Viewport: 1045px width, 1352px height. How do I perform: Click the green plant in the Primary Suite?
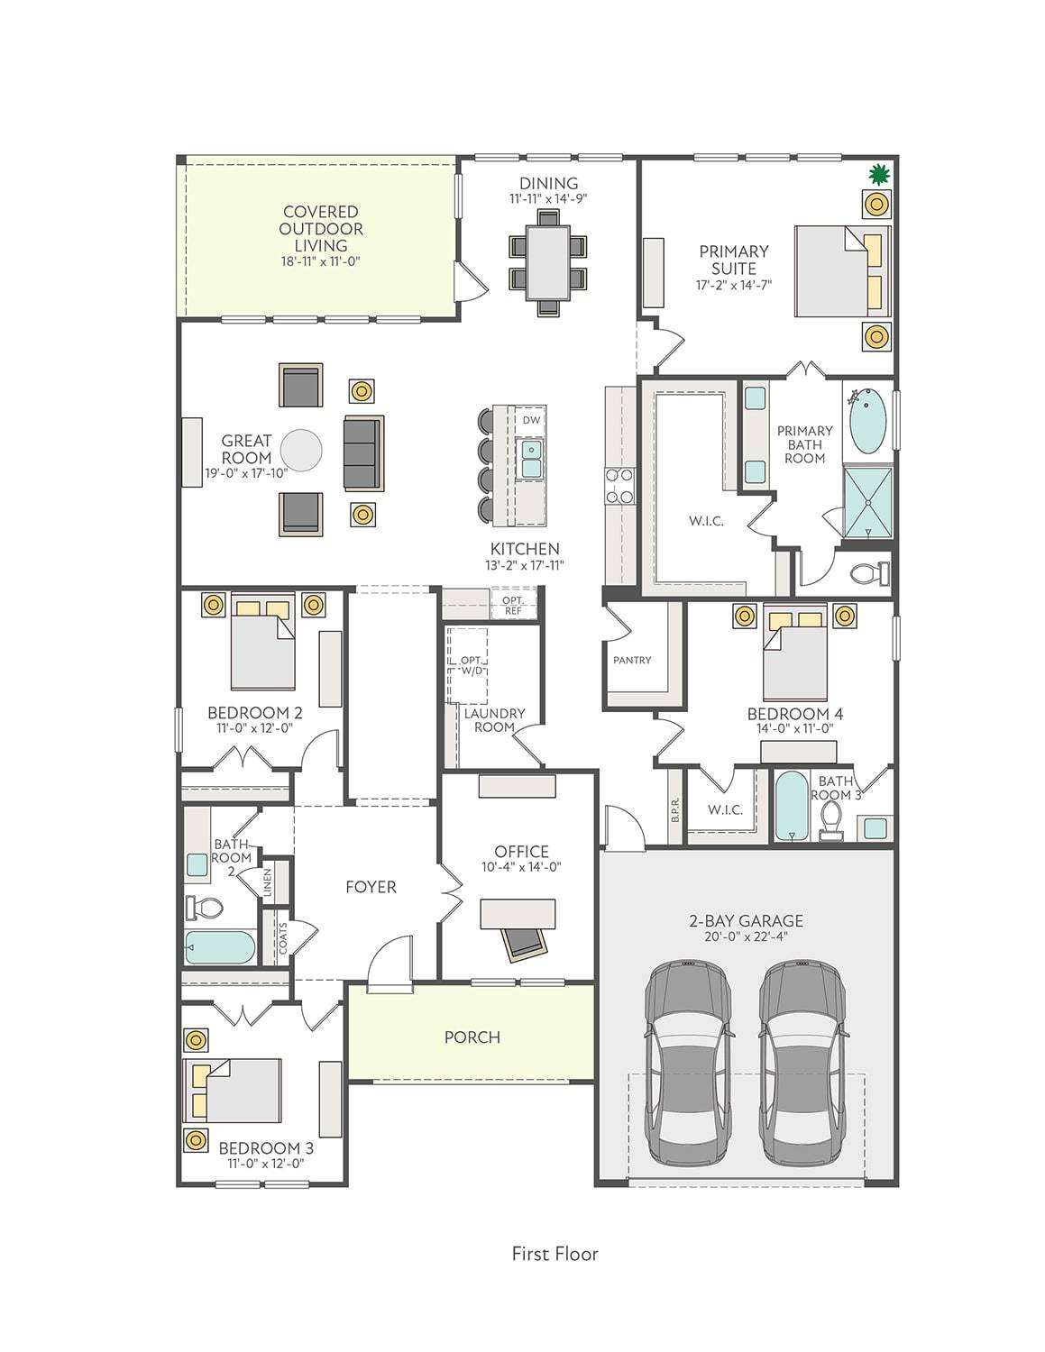(877, 175)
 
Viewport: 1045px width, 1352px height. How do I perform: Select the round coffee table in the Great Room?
(301, 450)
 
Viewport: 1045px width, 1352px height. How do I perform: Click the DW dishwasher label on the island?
(531, 420)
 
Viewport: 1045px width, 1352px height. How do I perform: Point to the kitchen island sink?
(531, 458)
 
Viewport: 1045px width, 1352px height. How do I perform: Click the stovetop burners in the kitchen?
(619, 485)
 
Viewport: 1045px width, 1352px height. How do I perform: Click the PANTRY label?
(632, 660)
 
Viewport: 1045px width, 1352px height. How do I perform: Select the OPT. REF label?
(513, 606)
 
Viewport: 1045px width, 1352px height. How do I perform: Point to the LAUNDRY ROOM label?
(495, 720)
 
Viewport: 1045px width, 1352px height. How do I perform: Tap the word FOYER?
(371, 887)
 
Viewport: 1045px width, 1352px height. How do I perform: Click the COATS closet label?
(283, 938)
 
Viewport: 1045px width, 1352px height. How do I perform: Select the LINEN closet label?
(268, 883)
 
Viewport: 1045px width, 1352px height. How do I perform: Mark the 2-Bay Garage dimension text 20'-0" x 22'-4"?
(747, 937)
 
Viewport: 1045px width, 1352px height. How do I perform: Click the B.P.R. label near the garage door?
(676, 809)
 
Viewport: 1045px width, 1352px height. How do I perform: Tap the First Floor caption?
(555, 1254)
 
